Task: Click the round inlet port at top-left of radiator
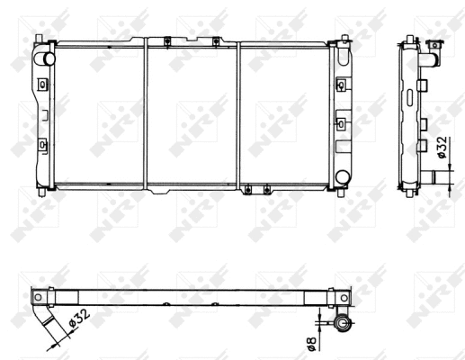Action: point(41,58)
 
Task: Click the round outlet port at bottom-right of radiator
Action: point(343,176)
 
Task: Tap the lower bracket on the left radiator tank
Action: point(42,141)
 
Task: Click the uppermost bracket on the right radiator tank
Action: point(342,83)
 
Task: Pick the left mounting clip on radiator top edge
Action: point(168,40)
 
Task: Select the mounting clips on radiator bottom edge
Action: point(257,188)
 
